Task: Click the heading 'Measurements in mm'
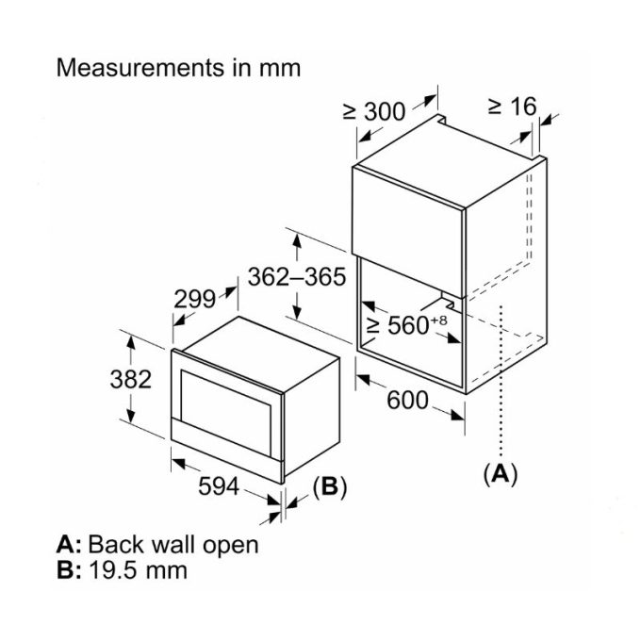tap(179, 68)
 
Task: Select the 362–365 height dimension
tap(297, 276)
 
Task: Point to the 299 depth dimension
tap(195, 298)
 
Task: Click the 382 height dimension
tap(129, 379)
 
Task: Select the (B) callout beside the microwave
tap(330, 486)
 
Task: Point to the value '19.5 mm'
tap(138, 569)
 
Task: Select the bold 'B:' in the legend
tap(69, 569)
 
